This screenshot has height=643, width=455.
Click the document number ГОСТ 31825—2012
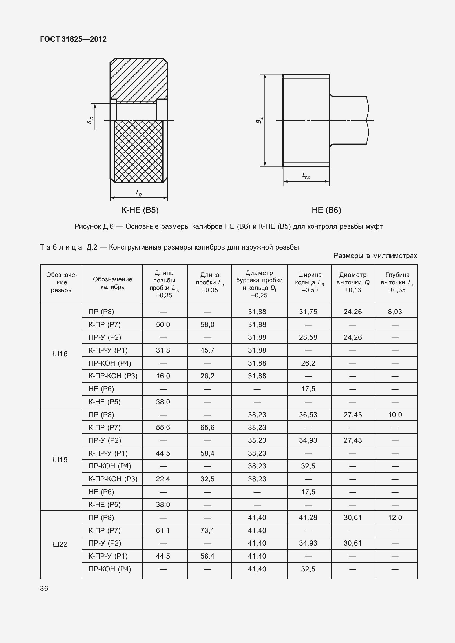coord(73,39)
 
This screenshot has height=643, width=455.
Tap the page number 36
coord(44,588)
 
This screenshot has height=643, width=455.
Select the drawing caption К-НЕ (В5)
coord(140,210)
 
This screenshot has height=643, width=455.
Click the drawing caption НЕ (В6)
coord(326,210)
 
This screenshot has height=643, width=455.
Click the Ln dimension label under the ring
coord(139,193)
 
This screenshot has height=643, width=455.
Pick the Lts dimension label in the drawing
coord(306,176)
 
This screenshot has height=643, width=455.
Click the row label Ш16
coord(60,354)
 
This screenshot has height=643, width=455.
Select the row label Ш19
coord(60,460)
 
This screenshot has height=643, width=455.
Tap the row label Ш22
coord(60,544)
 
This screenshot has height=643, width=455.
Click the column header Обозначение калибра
coord(112,283)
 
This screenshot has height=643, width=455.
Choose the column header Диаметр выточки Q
coord(353,282)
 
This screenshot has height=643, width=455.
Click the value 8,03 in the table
coord(395,312)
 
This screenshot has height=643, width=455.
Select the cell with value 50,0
coord(163,325)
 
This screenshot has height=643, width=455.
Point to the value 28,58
coord(308,337)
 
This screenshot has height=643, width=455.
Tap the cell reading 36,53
coord(308,415)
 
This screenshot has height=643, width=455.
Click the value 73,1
coord(207,531)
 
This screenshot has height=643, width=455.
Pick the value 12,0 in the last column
coord(395,518)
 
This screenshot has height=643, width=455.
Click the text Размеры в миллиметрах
coord(375,256)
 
